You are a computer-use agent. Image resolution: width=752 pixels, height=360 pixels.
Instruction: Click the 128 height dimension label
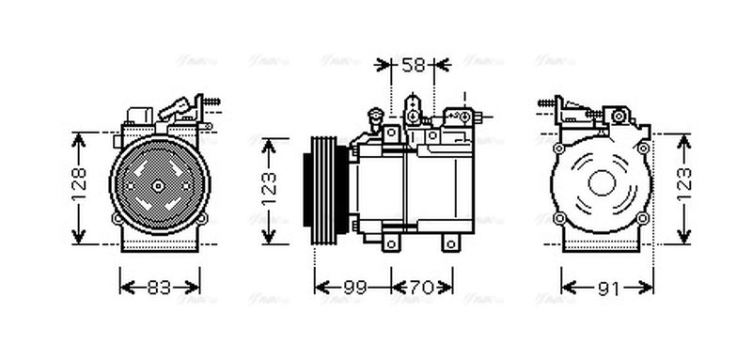pyautogui.click(x=81, y=186)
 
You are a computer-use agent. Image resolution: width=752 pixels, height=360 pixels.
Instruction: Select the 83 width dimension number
pyautogui.click(x=160, y=289)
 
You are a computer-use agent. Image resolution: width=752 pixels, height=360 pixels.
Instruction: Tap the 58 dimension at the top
pyautogui.click(x=414, y=64)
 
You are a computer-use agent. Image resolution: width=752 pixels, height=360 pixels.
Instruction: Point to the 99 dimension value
pyautogui.click(x=353, y=289)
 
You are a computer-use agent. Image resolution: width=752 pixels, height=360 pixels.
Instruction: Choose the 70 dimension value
pyautogui.click(x=421, y=289)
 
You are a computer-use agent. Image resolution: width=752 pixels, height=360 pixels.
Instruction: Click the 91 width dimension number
pyautogui.click(x=608, y=289)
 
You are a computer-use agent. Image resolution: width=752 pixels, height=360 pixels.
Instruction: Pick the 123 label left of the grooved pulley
pyautogui.click(x=269, y=188)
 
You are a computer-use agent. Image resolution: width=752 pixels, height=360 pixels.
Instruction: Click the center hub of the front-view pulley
pyautogui.click(x=158, y=185)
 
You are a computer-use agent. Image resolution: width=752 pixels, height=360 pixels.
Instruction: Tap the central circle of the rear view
pyautogui.click(x=602, y=183)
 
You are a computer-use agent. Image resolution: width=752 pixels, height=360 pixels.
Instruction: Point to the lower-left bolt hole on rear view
pyautogui.click(x=559, y=219)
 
